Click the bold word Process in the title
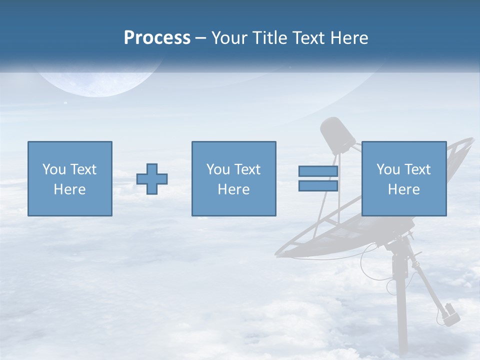coord(157,38)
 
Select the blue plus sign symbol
coord(152,179)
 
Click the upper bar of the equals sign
coord(318,171)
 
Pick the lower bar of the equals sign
coord(318,186)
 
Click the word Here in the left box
coord(70,189)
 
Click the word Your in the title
coord(230,38)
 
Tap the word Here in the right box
coord(404,189)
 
